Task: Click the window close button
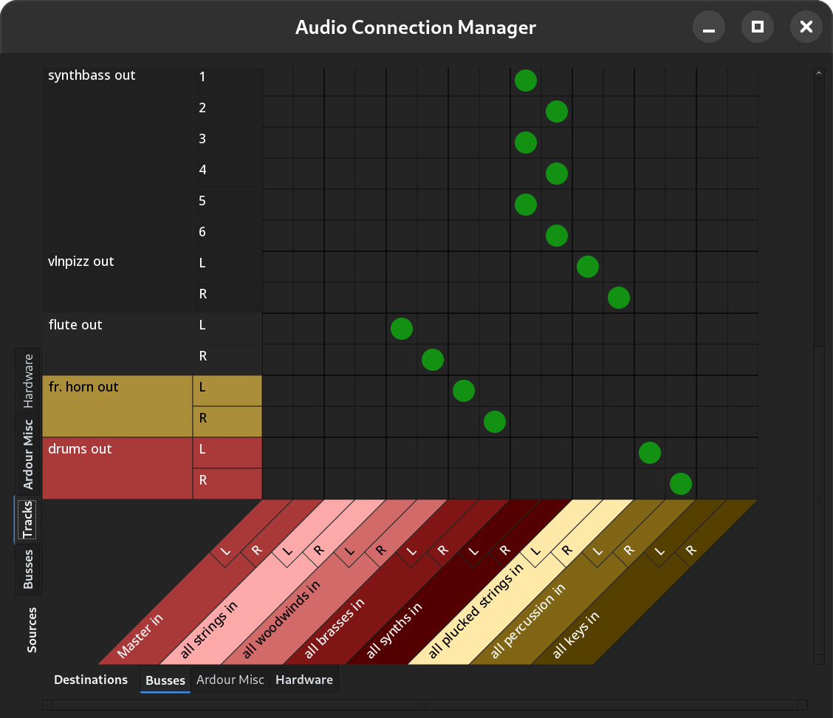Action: pyautogui.click(x=806, y=27)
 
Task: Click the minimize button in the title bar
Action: pyautogui.click(x=708, y=27)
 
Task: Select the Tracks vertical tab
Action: pyautogui.click(x=28, y=519)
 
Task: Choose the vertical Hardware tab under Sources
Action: pyautogui.click(x=28, y=380)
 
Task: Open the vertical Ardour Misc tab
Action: pyautogui.click(x=28, y=454)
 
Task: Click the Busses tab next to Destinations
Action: pyautogui.click(x=165, y=680)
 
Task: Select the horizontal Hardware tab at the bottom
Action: pyautogui.click(x=304, y=680)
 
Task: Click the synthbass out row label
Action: pyautogui.click(x=92, y=75)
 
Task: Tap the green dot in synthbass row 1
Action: pyautogui.click(x=525, y=81)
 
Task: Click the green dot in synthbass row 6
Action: pyautogui.click(x=556, y=236)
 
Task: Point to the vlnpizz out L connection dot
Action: pyautogui.click(x=587, y=267)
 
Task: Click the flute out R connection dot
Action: pyautogui.click(x=432, y=360)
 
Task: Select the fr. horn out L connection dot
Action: pyautogui.click(x=463, y=391)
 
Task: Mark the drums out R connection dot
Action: pyautogui.click(x=680, y=484)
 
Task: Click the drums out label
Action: pyautogui.click(x=80, y=449)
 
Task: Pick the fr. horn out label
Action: pyautogui.click(x=83, y=387)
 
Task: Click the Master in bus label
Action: pyautogui.click(x=140, y=636)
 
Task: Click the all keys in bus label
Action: pyautogui.click(x=576, y=635)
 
